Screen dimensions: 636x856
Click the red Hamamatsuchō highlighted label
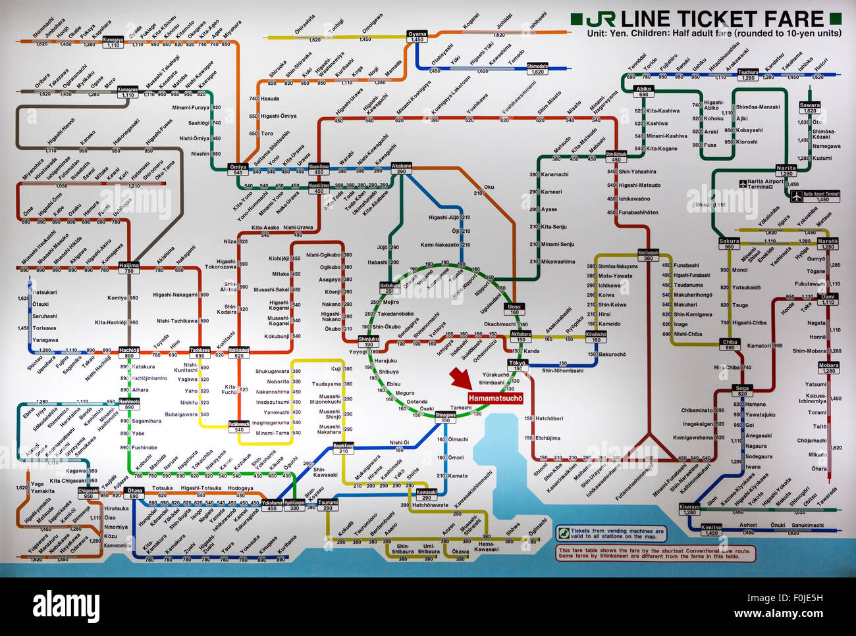(495, 398)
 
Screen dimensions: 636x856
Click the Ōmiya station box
(238, 170)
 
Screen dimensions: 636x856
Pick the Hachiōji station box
(129, 353)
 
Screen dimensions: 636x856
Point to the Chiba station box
(730, 345)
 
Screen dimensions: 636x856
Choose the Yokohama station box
(271, 505)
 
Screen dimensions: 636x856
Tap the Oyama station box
(417, 37)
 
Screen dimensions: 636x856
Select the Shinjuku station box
(369, 342)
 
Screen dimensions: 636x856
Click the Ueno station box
(514, 310)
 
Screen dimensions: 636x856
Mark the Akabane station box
(402, 168)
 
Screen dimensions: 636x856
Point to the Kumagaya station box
(113, 42)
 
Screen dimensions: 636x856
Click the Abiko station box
(643, 91)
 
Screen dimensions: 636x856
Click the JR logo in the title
(601, 18)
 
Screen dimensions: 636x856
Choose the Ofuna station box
(134, 493)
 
